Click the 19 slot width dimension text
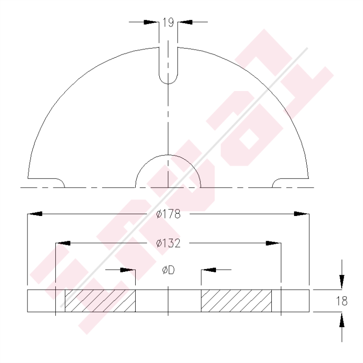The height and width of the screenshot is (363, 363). click(168, 22)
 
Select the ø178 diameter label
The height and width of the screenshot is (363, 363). click(168, 214)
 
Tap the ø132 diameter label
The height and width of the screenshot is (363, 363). click(168, 243)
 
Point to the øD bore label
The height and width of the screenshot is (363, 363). click(168, 270)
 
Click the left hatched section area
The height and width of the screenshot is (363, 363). click(100, 301)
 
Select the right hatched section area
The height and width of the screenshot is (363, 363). click(236, 301)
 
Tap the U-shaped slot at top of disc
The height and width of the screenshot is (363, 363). click(168, 66)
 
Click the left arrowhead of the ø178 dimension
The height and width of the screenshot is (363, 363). click(35, 214)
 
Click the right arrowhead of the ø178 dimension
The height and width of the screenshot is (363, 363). click(301, 214)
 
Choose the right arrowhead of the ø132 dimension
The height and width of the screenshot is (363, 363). click(273, 243)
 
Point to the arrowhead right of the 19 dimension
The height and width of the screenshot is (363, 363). click(185, 22)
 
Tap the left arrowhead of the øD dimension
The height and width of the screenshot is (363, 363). click(128, 270)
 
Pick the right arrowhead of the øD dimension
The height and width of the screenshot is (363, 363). click(208, 270)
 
